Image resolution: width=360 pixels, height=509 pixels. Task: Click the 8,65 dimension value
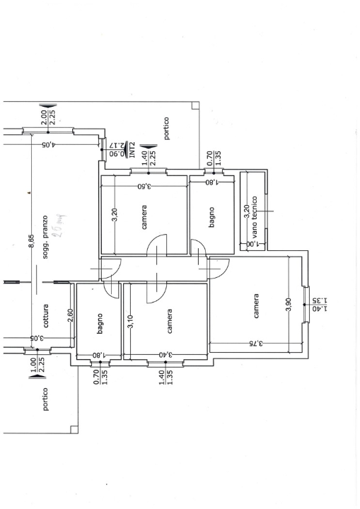[x=31, y=242]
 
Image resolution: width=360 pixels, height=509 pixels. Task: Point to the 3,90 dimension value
[x=288, y=305]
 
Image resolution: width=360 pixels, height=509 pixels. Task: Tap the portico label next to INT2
[x=166, y=129]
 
